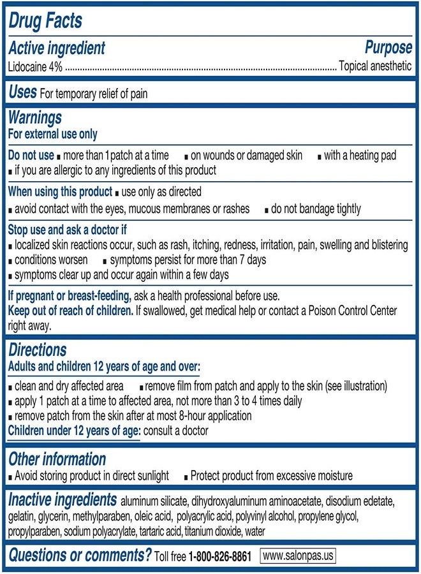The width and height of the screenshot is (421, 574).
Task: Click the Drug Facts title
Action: pos(45,20)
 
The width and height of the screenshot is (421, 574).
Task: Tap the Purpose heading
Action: pos(388,48)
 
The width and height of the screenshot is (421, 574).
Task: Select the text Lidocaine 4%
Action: pos(36,66)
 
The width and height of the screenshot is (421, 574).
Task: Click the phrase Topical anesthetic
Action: pos(375,66)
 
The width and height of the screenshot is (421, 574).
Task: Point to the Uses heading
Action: pos(22,92)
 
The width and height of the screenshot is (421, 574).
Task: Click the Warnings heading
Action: pos(35,118)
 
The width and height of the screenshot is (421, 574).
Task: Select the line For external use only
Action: pos(52,134)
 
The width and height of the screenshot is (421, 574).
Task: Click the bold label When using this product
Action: pos(60,192)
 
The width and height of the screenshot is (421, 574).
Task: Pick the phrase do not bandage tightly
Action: pos(316,209)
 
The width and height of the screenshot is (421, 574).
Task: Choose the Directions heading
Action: pos(37,350)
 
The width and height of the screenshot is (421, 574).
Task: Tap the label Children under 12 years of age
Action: pos(73,430)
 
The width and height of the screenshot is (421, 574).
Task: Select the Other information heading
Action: pos(57,459)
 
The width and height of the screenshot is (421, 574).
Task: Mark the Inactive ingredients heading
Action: pos(63,500)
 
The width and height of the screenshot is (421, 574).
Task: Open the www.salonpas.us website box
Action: pos(297,556)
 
